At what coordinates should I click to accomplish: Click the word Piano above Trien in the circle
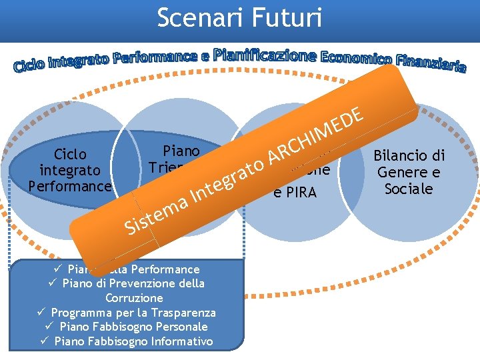coord(181,150)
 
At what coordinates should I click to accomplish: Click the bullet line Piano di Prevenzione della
coord(133,283)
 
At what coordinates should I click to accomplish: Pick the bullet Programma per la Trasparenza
coord(133,313)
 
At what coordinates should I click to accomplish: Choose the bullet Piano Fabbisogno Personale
coord(133,327)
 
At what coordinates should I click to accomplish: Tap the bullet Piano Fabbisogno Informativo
coord(133,341)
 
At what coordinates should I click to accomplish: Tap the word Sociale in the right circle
coord(409,189)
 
